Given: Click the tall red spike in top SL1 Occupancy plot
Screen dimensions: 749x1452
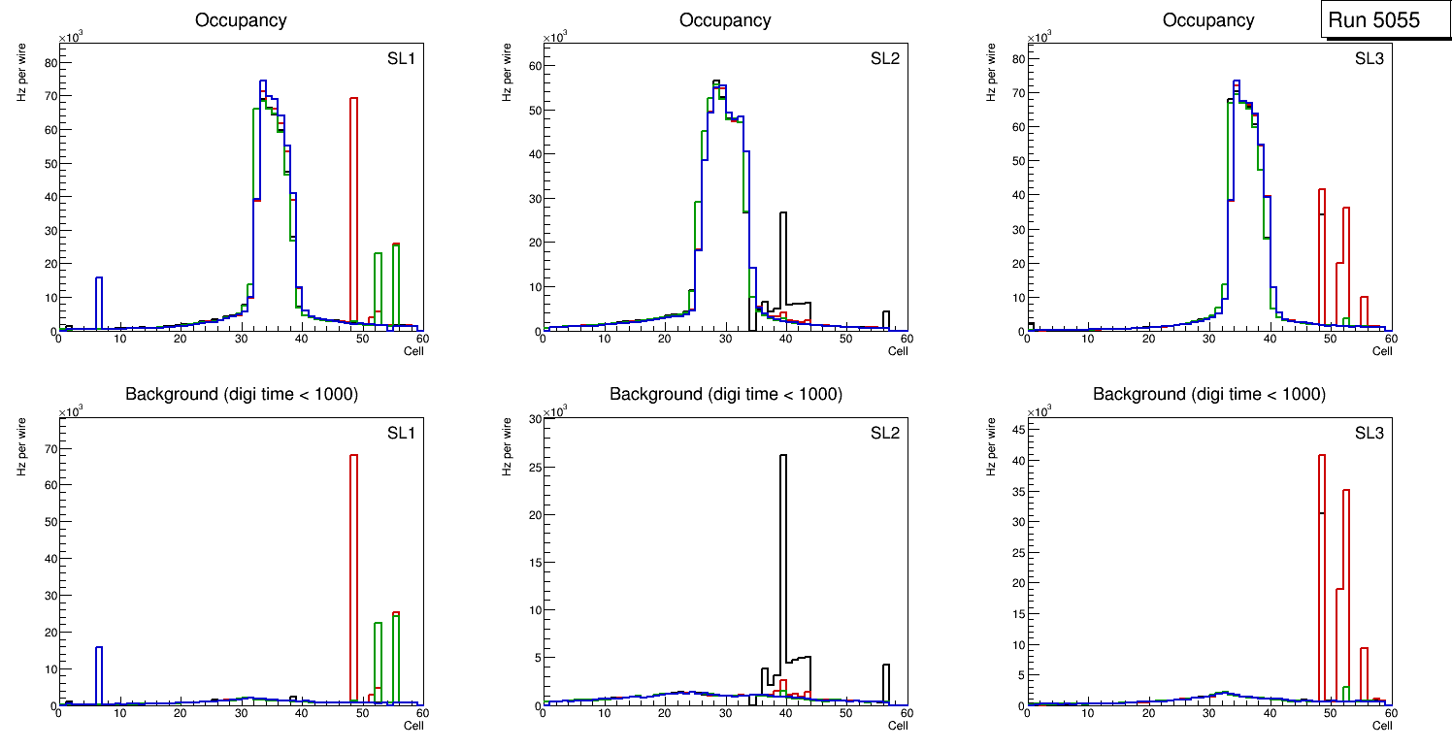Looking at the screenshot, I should tap(354, 204).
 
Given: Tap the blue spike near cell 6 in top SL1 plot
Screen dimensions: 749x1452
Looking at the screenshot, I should tap(99, 301).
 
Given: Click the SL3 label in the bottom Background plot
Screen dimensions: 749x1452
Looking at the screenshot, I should tap(1369, 433).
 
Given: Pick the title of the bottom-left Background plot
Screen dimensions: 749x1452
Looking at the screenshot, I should tap(241, 394).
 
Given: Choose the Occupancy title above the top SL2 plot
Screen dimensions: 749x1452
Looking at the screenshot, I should tap(725, 20).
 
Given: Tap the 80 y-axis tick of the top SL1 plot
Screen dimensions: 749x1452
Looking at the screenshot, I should tap(50, 62).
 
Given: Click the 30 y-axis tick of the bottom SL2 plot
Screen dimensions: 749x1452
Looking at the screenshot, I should tap(534, 419).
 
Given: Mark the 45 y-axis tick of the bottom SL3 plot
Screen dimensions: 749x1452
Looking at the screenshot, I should tap(1018, 428).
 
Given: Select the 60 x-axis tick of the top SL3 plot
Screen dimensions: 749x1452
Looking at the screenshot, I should tap(1390, 339).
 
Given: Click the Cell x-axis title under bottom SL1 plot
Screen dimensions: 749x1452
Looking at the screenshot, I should tap(413, 726).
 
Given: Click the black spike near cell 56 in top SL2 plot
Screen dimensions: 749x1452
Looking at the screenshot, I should tap(886, 320).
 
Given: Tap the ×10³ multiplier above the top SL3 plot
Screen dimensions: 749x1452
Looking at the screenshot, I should tap(1040, 37).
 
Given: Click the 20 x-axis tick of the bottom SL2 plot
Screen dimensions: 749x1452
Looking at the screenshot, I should tap(664, 714).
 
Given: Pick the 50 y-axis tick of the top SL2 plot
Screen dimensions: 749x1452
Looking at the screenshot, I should tap(534, 110).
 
